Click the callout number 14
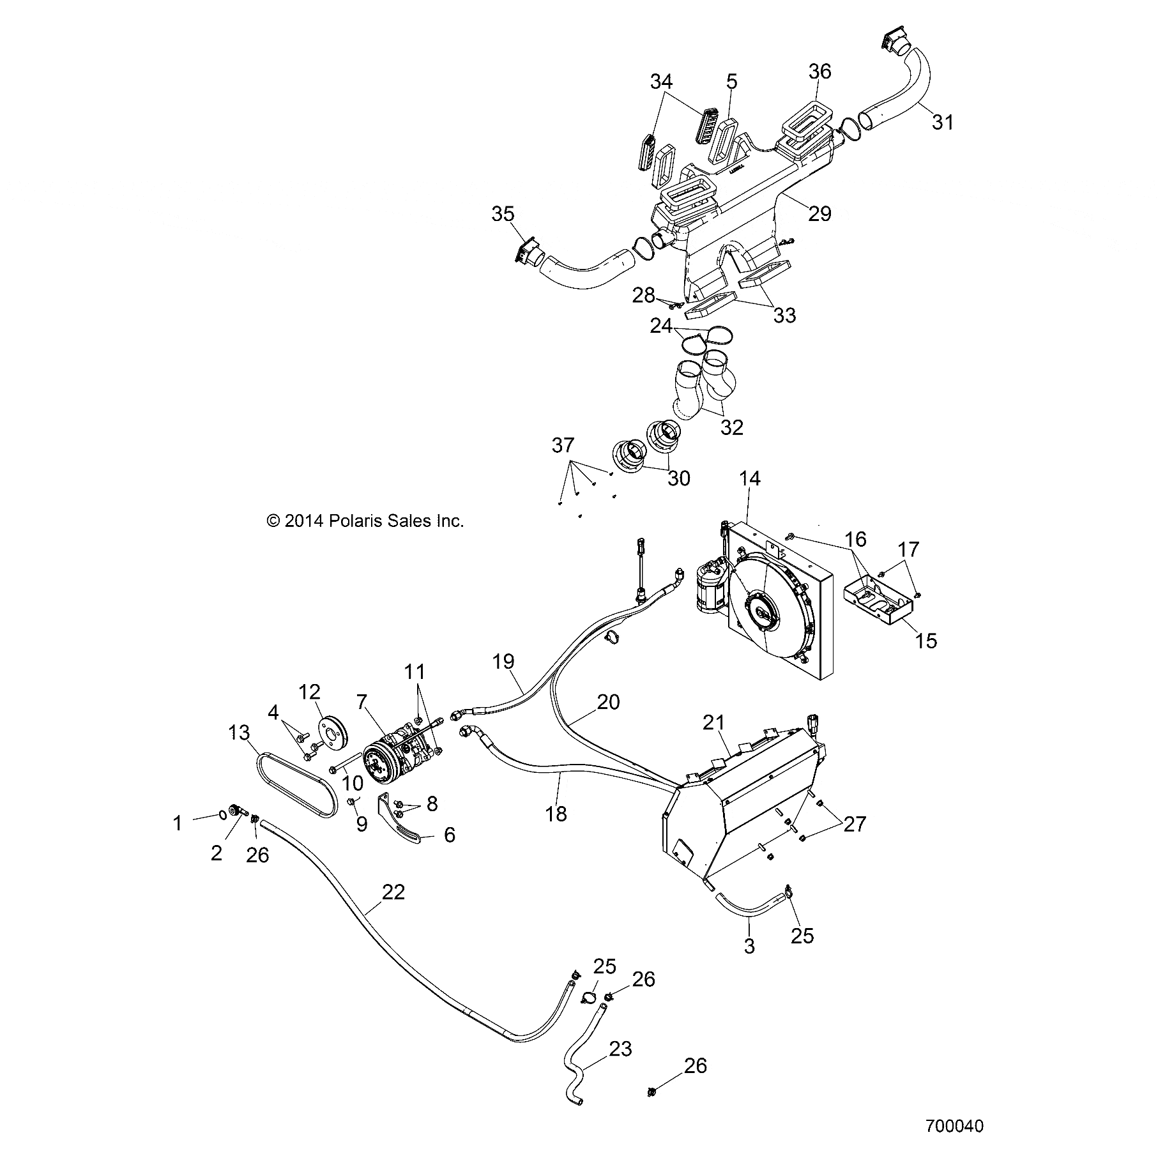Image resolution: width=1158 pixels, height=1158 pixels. pyautogui.click(x=750, y=478)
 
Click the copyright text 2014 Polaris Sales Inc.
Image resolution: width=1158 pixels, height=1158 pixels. pyautogui.click(x=365, y=521)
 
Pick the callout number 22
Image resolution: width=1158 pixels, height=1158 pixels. pyautogui.click(x=393, y=892)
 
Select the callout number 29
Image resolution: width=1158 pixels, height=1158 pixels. pyautogui.click(x=820, y=213)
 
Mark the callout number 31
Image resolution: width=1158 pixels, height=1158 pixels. pyautogui.click(x=942, y=121)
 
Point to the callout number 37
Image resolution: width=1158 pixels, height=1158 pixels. pyautogui.click(x=563, y=445)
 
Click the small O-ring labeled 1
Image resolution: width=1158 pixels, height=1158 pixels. pyautogui.click(x=222, y=814)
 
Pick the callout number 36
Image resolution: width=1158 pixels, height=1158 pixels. pyautogui.click(x=820, y=71)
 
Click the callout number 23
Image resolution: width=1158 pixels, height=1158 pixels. pyautogui.click(x=620, y=1049)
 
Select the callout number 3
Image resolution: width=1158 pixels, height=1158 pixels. pyautogui.click(x=750, y=946)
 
